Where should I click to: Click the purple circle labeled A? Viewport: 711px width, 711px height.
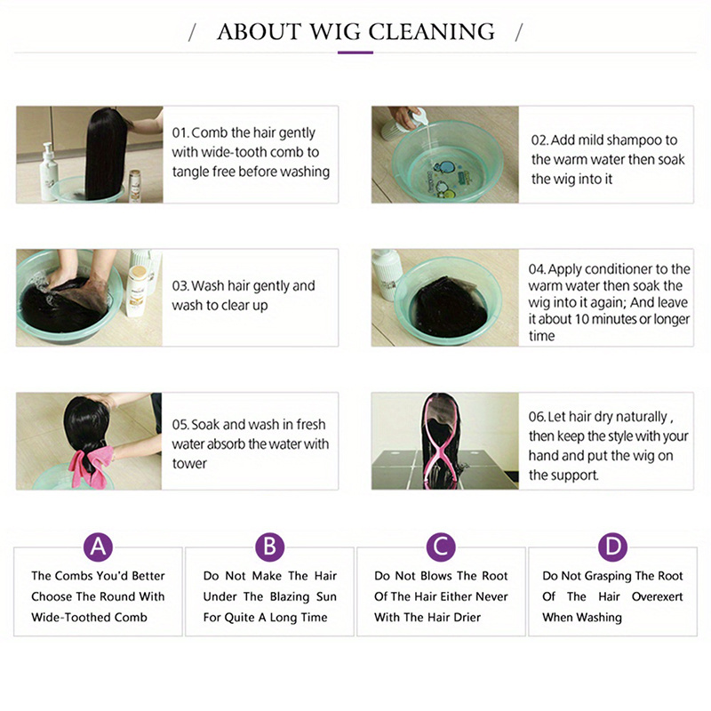pyautogui.click(x=98, y=547)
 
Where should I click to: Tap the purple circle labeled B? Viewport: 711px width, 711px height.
pyautogui.click(x=270, y=547)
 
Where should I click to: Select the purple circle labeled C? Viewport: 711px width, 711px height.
pyautogui.click(x=441, y=547)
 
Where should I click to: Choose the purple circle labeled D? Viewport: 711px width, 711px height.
pyautogui.click(x=612, y=547)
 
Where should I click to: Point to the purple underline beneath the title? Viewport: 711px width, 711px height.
pyautogui.click(x=355, y=52)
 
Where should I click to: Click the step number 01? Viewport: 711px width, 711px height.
pyautogui.click(x=180, y=132)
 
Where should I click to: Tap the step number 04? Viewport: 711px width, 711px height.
pyautogui.click(x=537, y=269)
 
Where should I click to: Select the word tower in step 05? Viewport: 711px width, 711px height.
pyautogui.click(x=189, y=463)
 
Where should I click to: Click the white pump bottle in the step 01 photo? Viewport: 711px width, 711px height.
pyautogui.click(x=49, y=172)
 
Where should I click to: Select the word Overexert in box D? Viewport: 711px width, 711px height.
pyautogui.click(x=657, y=596)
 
